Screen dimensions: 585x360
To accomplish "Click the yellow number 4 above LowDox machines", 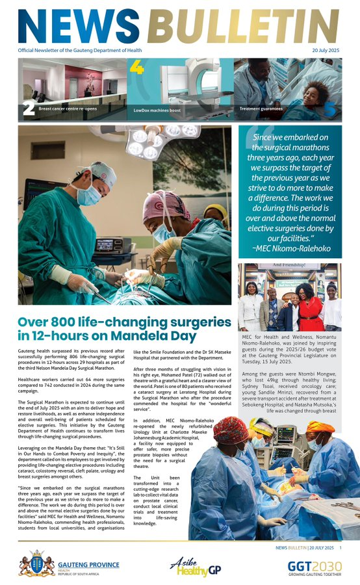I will [136, 67].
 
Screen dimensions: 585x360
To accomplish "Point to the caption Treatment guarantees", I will [260, 109].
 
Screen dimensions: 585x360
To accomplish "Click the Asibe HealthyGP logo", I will [190, 565].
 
